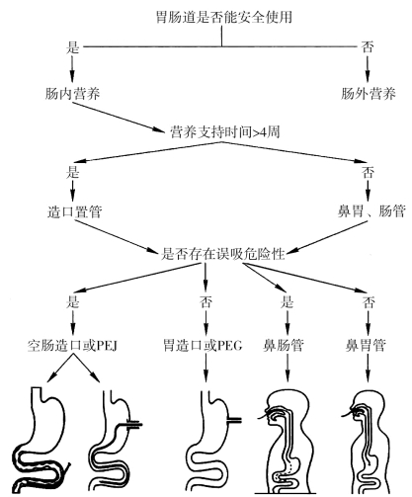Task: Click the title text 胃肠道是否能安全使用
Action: (x=224, y=17)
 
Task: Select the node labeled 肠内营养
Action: (x=72, y=94)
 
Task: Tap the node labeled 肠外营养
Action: (x=369, y=94)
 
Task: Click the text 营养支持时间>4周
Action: (x=225, y=131)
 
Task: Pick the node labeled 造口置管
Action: (x=74, y=211)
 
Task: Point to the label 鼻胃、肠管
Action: (x=371, y=211)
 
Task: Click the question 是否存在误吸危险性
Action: (x=223, y=254)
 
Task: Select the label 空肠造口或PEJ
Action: (x=72, y=346)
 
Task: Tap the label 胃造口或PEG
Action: (x=203, y=346)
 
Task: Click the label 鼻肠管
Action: (x=284, y=346)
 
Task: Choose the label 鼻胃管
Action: (x=366, y=346)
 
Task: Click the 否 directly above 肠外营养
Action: (x=368, y=47)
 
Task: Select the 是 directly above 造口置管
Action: (x=72, y=172)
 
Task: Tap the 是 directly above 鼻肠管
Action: (x=287, y=301)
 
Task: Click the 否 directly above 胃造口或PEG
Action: (x=206, y=301)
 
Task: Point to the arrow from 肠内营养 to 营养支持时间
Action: (x=119, y=118)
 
